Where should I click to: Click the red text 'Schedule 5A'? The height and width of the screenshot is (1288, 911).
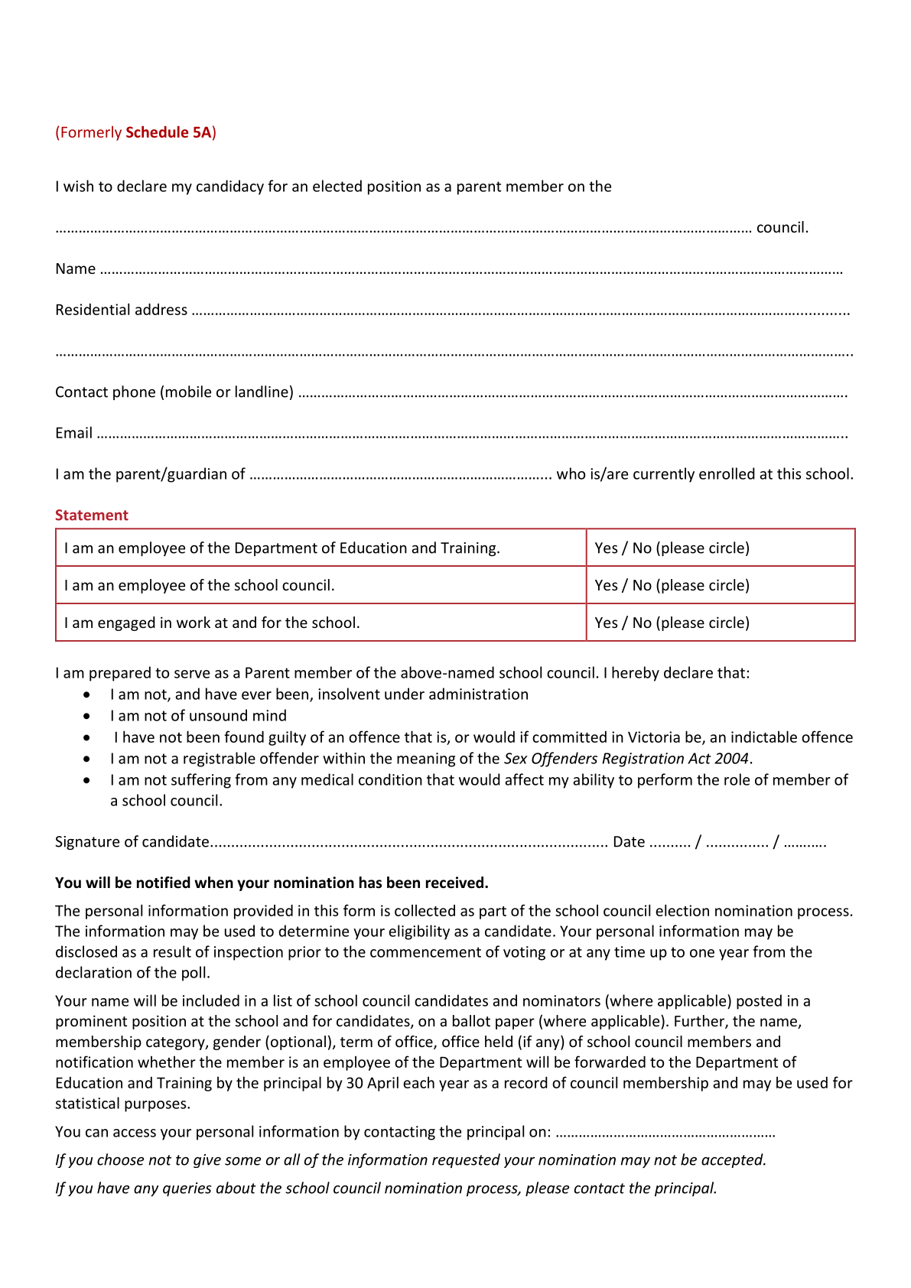coord(168,132)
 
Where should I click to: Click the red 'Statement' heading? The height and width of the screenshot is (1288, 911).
coord(91,515)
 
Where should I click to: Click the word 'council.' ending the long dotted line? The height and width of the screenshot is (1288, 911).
coord(782,227)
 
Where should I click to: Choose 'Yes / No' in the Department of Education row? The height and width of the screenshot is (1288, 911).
coord(623,548)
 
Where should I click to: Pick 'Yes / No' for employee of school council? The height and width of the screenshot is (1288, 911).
coord(623,585)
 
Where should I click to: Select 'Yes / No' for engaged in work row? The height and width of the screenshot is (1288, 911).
coord(623,623)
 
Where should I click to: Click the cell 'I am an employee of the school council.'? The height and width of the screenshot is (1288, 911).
coord(200,585)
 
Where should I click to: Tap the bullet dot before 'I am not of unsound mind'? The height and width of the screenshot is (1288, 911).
coord(88,716)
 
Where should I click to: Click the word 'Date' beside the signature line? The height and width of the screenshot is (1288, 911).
coord(629,842)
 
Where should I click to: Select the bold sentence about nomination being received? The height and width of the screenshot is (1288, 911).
coord(272,883)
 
